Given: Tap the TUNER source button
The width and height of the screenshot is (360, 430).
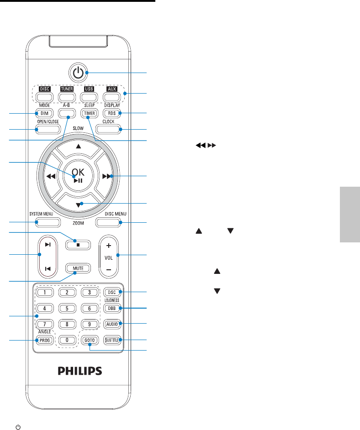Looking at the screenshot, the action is click(67, 96).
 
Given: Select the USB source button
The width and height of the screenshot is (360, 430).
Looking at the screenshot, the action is click(89, 96).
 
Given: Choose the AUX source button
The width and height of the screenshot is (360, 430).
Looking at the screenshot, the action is click(111, 96).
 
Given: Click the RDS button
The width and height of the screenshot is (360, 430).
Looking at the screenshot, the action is click(111, 113).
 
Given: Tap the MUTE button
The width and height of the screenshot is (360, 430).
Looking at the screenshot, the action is click(77, 268).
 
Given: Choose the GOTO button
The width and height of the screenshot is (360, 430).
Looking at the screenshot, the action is click(89, 340).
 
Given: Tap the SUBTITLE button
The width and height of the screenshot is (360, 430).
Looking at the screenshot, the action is click(111, 340).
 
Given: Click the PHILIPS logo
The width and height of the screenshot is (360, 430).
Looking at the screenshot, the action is click(79, 370).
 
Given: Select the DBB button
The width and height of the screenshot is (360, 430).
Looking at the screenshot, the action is click(111, 309).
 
